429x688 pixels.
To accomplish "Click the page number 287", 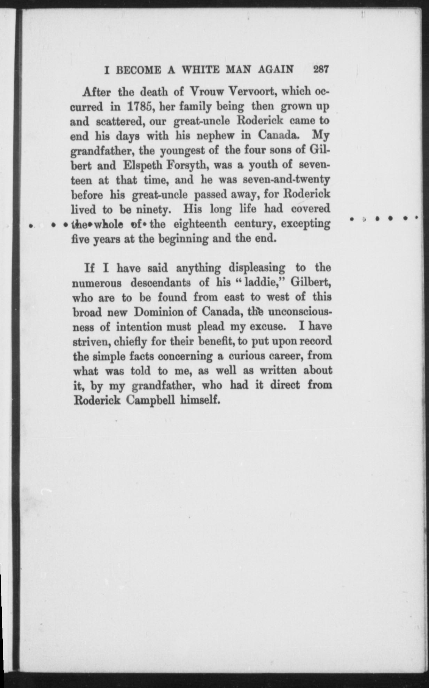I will pos(321,69).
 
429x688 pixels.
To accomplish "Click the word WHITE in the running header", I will pos(202,70).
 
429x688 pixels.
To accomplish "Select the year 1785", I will pos(140,107).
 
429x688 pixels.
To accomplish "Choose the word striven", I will pos(92,342).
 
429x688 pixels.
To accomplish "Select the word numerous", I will pos(97,283).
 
